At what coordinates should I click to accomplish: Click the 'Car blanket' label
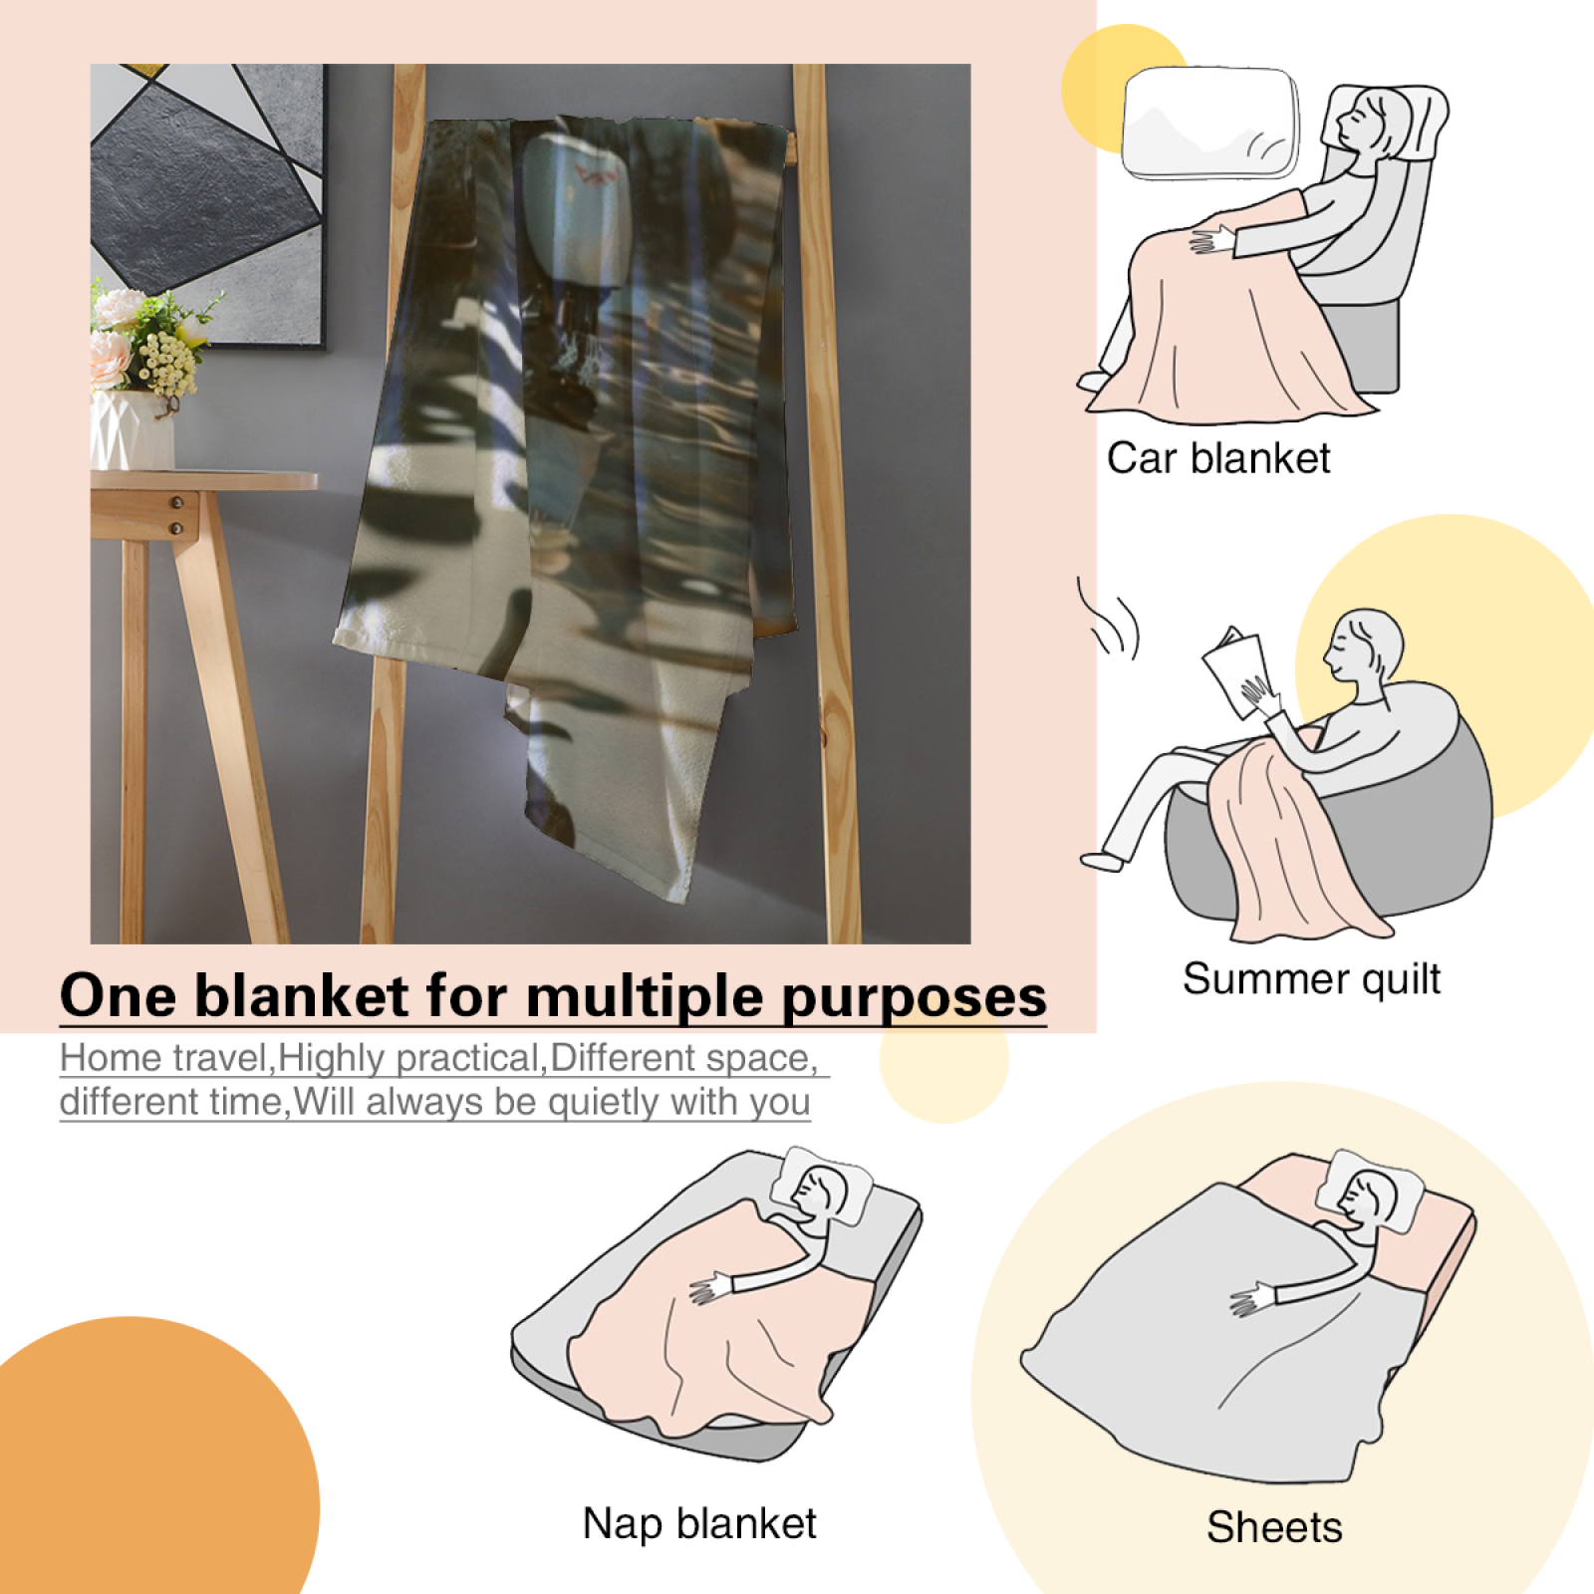(x=1218, y=459)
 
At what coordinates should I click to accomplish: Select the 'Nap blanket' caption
(x=699, y=1523)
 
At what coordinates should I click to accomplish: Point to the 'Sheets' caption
(x=1274, y=1527)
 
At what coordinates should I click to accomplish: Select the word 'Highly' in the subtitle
(x=333, y=1059)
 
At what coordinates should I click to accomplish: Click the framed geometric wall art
(x=207, y=205)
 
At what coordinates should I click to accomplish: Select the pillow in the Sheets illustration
(x=1370, y=1192)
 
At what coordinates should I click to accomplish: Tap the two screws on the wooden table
(x=176, y=515)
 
